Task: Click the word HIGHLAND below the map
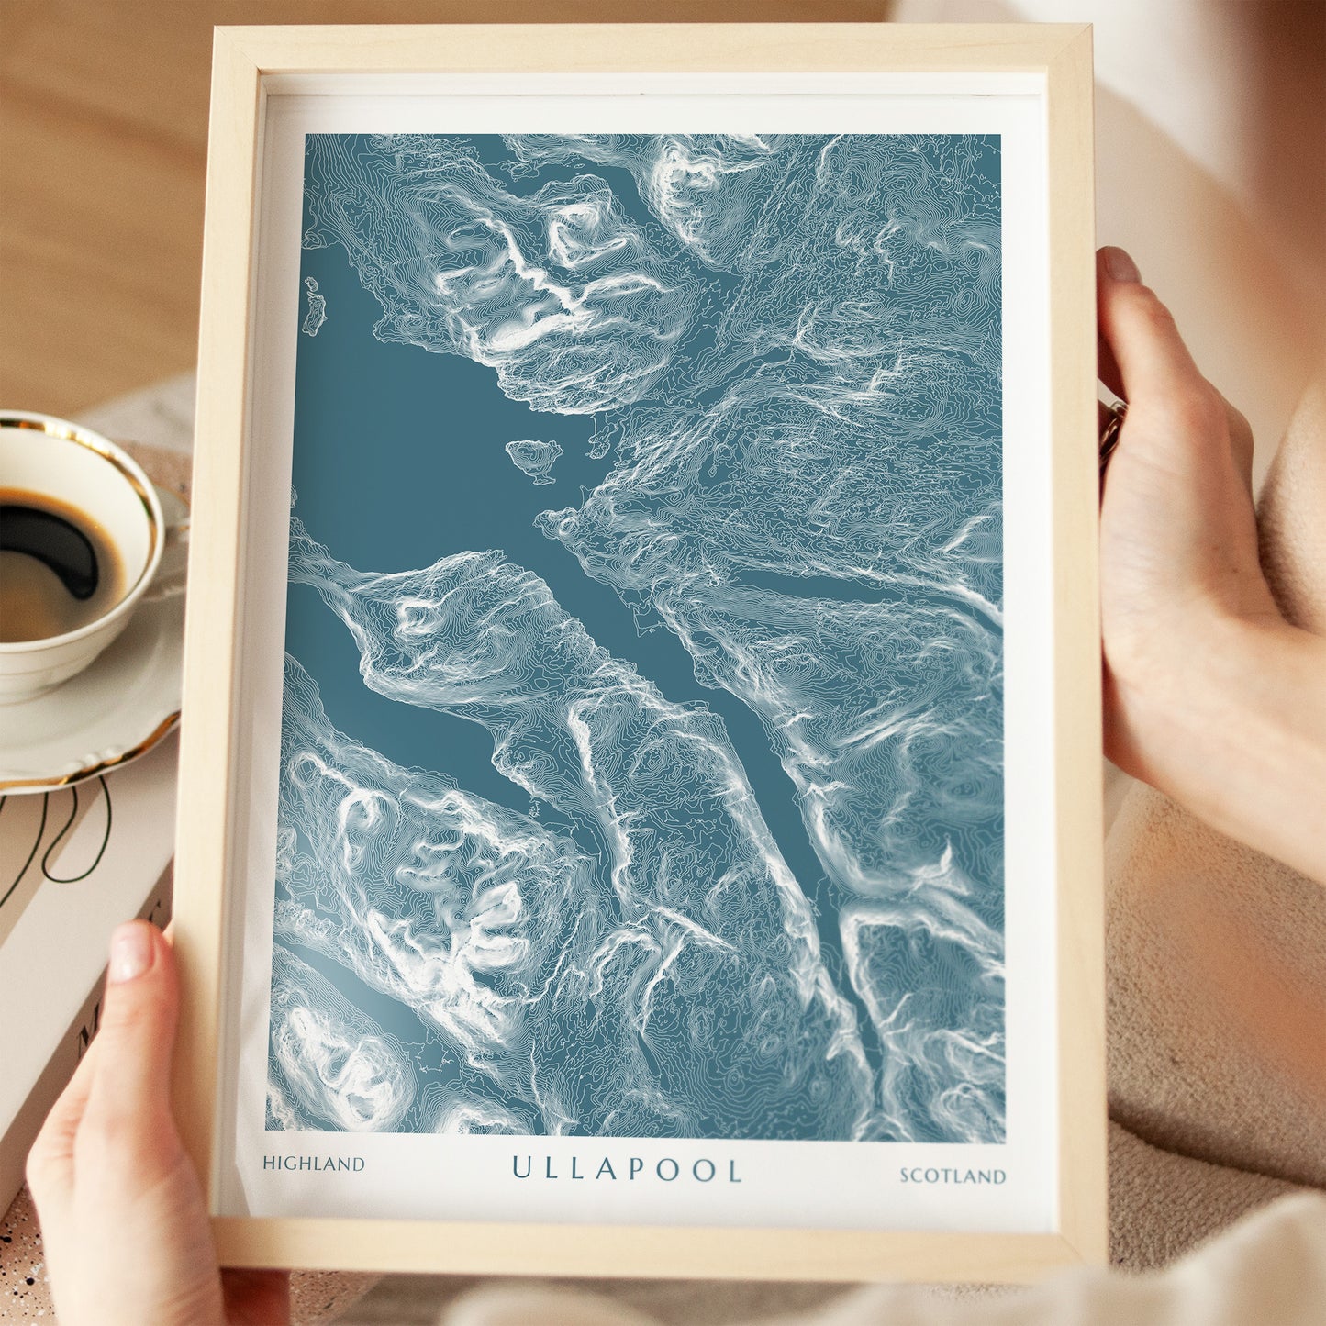click(x=313, y=1164)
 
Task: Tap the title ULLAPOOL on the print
click(x=627, y=1169)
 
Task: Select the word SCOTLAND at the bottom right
click(x=952, y=1176)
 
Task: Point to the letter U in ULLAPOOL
click(x=521, y=1168)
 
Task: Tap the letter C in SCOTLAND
click(x=920, y=1176)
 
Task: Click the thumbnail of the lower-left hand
click(x=130, y=952)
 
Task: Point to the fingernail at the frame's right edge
click(x=1120, y=265)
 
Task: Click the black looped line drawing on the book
click(x=55, y=840)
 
